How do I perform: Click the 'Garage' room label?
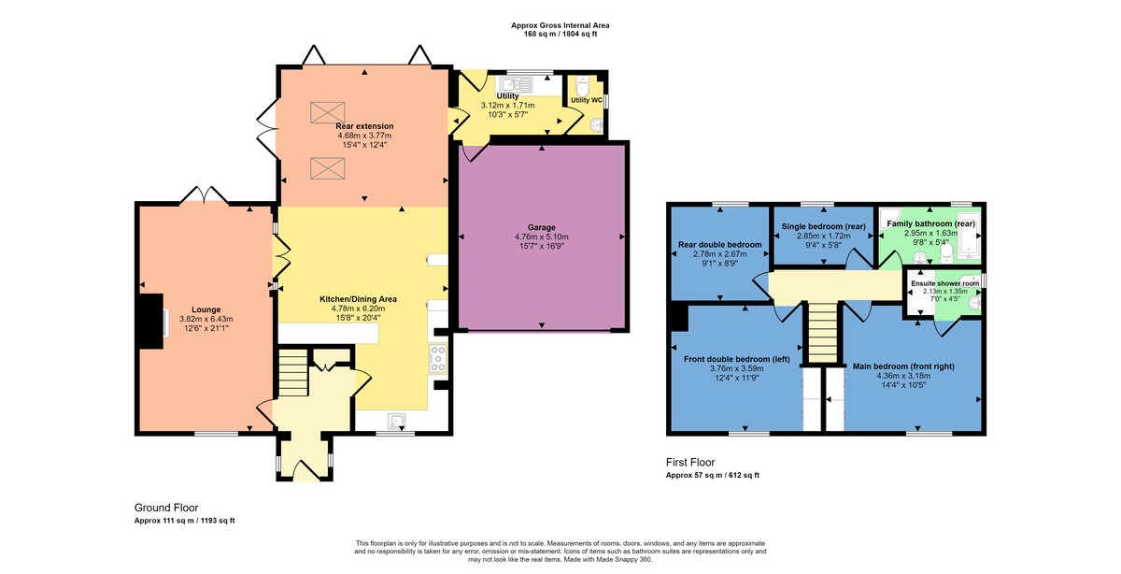[x=541, y=227]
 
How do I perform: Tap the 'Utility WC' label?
[x=586, y=99]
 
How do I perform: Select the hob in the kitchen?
[x=437, y=358]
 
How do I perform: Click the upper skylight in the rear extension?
[x=327, y=111]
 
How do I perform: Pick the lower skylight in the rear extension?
[x=327, y=169]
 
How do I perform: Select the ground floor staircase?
[x=292, y=371]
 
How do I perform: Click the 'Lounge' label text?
[x=206, y=309]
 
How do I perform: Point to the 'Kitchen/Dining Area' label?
[x=358, y=299]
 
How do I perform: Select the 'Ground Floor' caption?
[x=166, y=507]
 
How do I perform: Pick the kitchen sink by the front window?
[x=397, y=420]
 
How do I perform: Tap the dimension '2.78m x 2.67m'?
[x=719, y=254]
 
